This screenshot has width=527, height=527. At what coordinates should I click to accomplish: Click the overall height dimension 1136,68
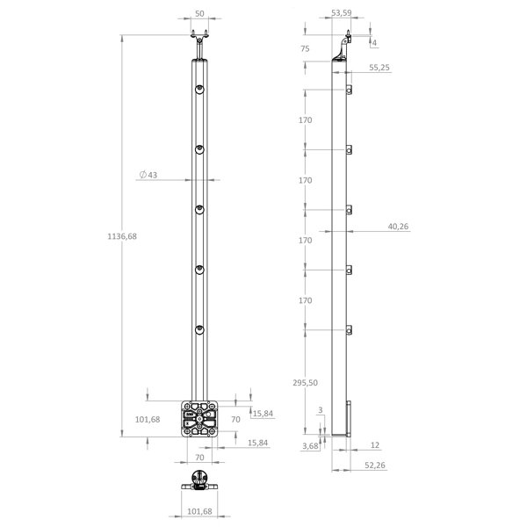tap(122, 236)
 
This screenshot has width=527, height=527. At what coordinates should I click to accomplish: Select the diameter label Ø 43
tap(148, 175)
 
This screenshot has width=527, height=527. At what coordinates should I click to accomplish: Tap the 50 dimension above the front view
tap(199, 14)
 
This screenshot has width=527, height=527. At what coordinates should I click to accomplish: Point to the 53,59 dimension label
tap(342, 13)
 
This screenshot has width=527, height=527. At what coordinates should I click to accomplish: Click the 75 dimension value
tap(305, 48)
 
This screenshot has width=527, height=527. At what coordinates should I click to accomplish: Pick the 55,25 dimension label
tap(379, 68)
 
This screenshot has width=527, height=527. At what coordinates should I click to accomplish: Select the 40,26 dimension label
tap(398, 227)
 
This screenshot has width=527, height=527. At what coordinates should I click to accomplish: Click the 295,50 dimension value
tap(305, 382)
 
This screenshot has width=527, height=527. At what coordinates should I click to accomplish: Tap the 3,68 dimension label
tap(310, 445)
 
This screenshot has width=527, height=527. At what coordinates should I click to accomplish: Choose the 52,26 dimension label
tap(375, 466)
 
